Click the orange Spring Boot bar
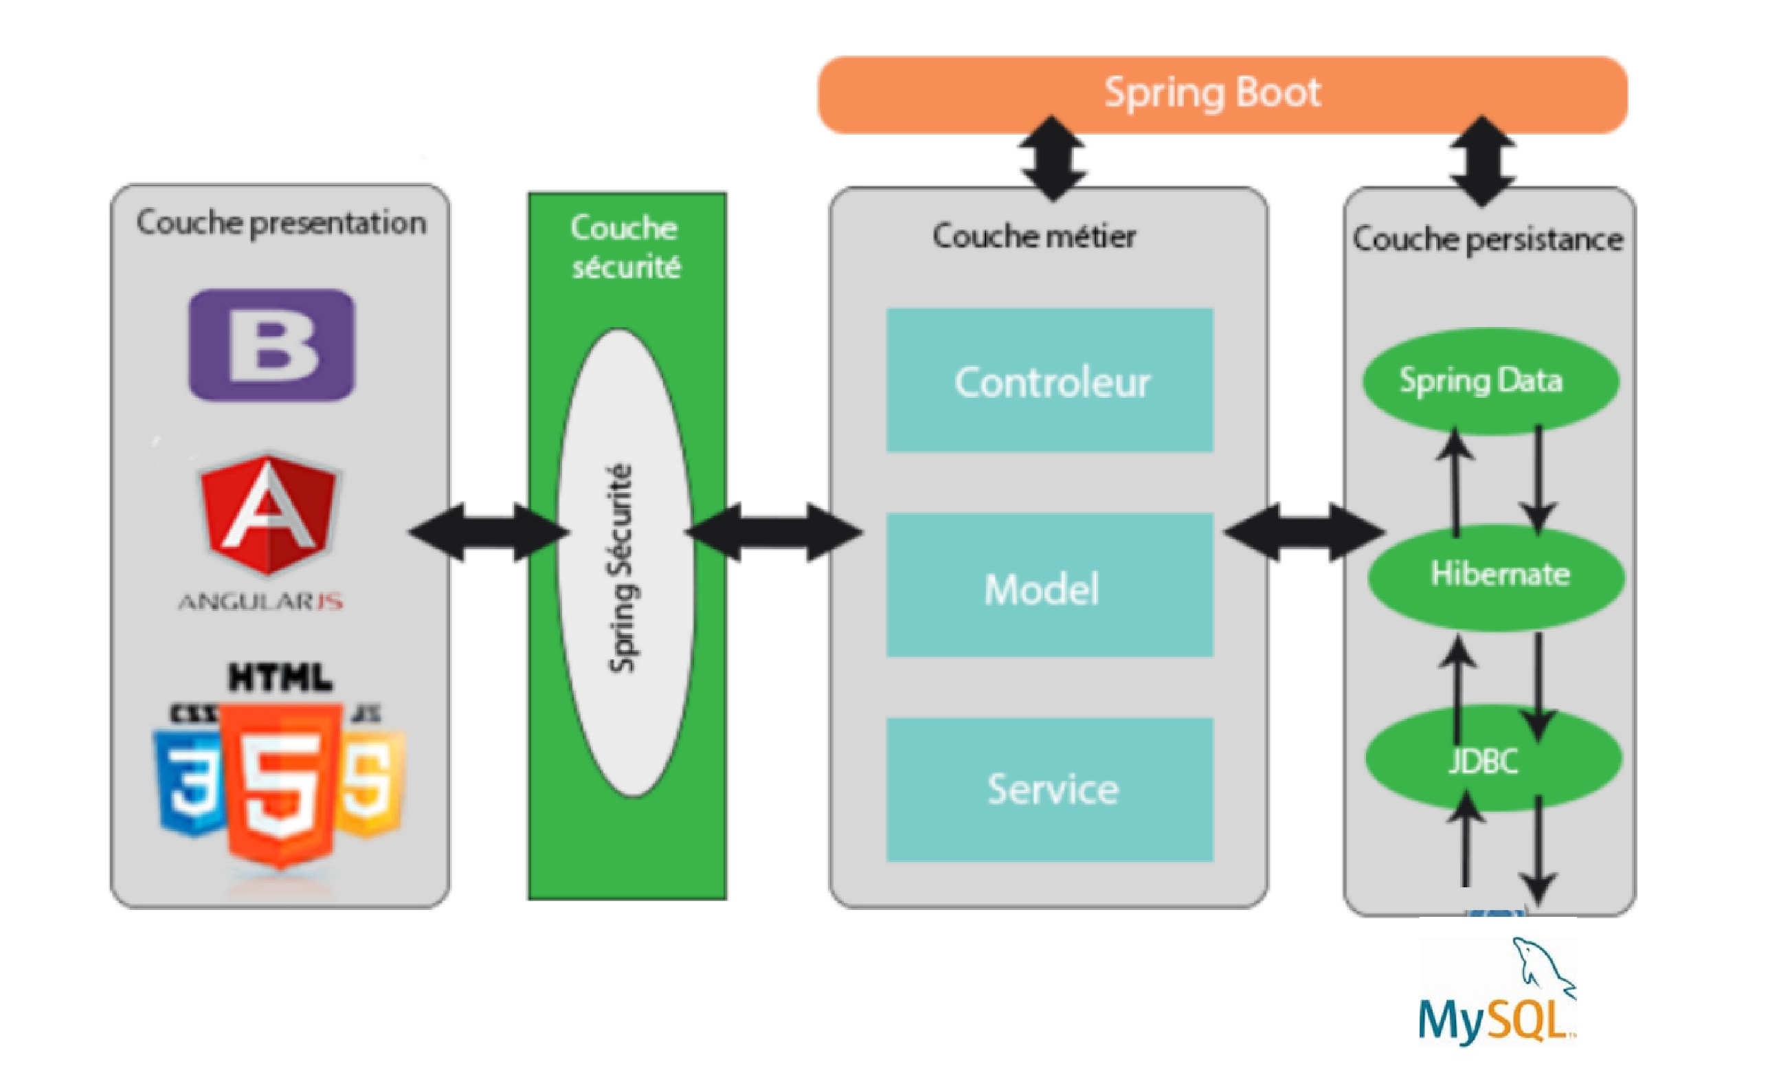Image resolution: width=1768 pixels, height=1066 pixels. pos(1221,95)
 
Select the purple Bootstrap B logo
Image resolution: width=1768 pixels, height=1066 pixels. pos(271,344)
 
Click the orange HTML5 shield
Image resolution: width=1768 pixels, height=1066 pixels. pos(280,782)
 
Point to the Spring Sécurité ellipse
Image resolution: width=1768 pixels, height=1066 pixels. pos(624,564)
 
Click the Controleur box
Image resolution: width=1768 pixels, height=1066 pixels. pos(1049,381)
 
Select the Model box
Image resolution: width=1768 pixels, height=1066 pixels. pos(1049,585)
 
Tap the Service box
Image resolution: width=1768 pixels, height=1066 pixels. pos(1049,790)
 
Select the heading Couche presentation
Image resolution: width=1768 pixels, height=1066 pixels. pos(280,223)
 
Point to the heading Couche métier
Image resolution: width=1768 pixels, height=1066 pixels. pos(1033,236)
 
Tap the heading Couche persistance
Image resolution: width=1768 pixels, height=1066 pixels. pos(1487,239)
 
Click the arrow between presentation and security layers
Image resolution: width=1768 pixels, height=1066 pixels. pos(488,532)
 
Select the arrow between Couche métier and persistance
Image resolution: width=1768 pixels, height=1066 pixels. pos(1303,532)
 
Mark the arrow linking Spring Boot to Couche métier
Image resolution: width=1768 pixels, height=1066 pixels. pos(1053,158)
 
